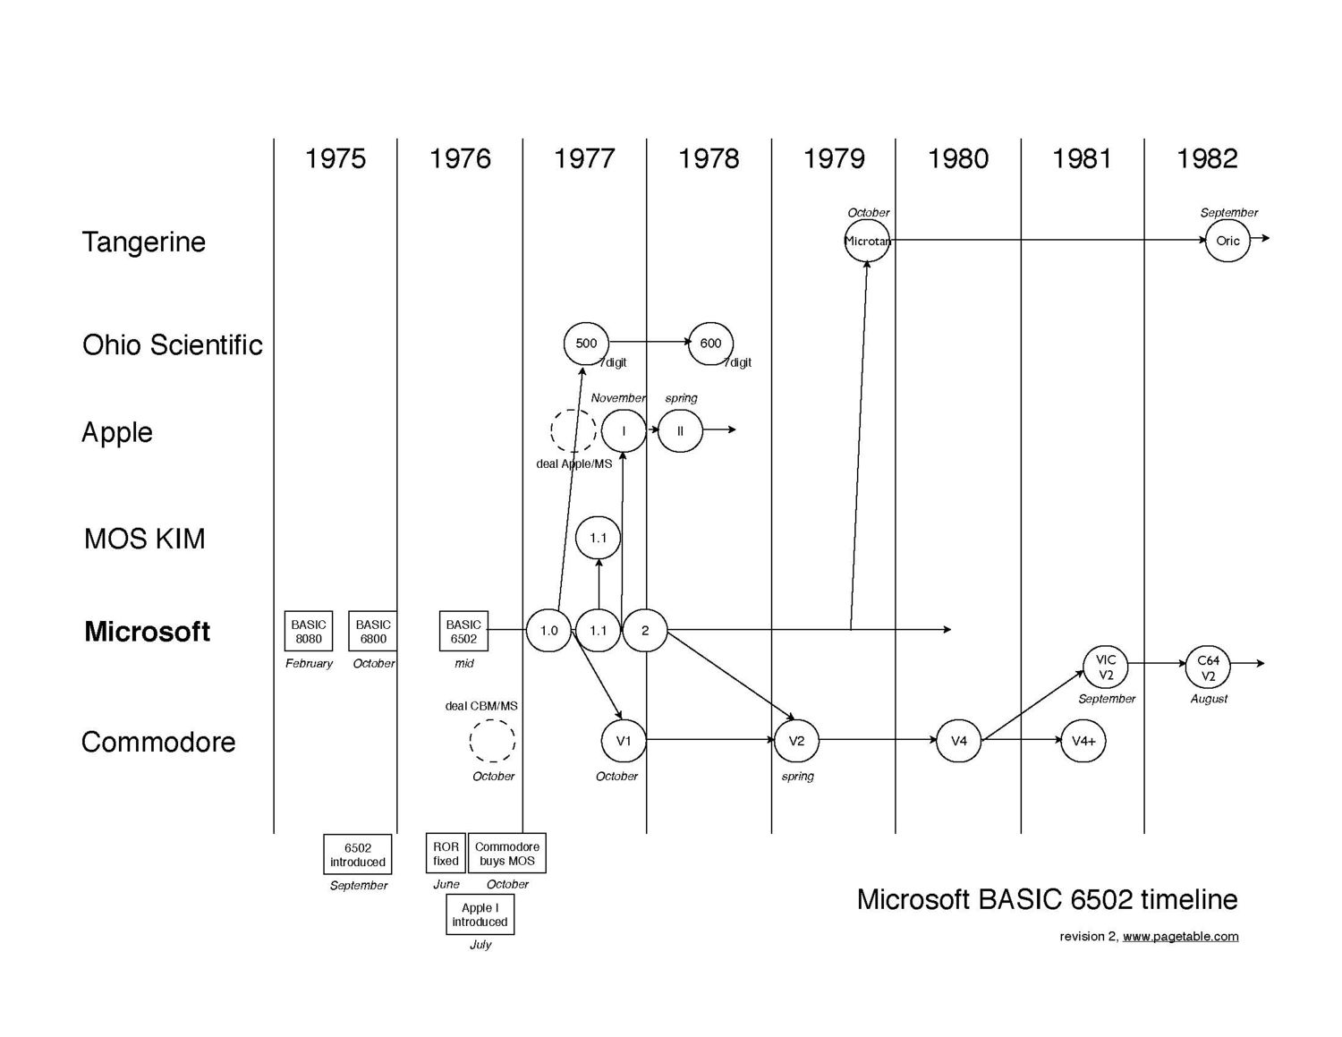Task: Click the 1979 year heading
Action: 834,158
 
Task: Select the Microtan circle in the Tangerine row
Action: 867,241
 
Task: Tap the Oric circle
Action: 1227,240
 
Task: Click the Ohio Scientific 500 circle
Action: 586,343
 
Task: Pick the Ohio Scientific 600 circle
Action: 710,343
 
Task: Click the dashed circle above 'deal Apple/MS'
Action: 573,431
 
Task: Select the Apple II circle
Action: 680,430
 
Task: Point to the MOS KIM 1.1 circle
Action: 598,538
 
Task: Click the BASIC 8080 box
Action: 309,631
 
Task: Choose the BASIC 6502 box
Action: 463,631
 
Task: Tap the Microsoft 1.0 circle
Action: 548,630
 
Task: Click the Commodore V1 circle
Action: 624,741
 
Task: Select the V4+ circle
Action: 1083,741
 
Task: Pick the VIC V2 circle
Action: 1106,667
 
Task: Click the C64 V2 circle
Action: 1208,667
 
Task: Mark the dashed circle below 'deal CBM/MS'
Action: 493,741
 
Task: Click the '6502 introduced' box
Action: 357,854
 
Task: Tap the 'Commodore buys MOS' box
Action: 507,854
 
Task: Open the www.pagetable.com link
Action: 1180,936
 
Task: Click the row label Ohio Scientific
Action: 173,344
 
